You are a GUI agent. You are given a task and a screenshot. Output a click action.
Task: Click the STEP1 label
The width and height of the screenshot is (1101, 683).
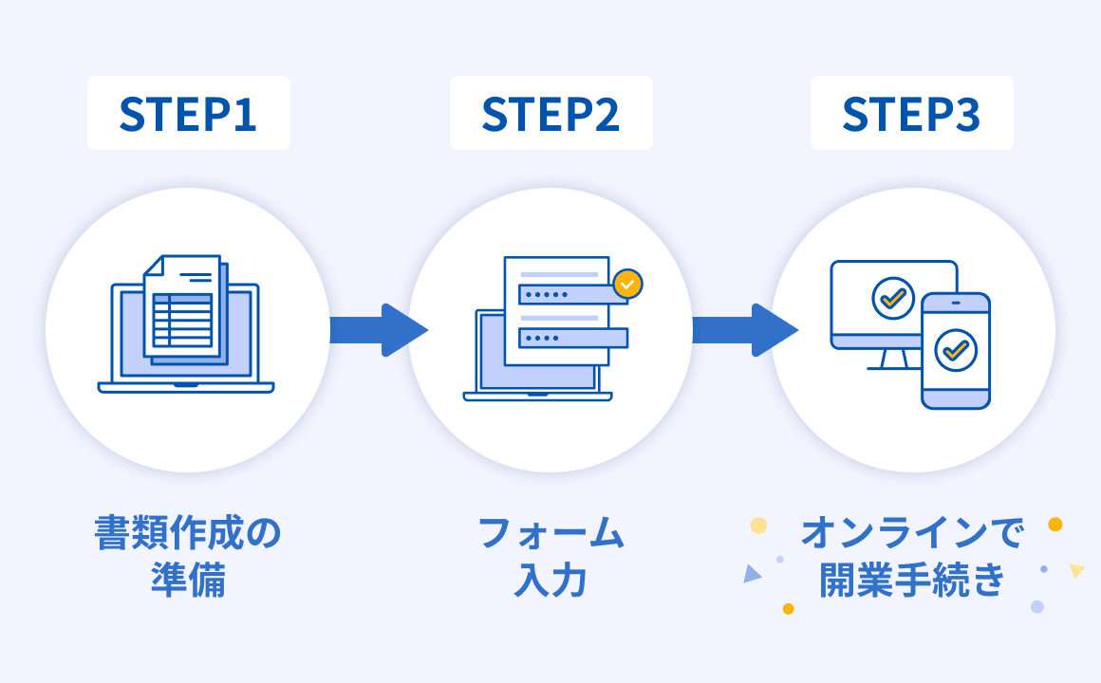coord(188,113)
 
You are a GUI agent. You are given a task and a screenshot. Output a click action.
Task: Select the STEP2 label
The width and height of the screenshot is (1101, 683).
coord(550,113)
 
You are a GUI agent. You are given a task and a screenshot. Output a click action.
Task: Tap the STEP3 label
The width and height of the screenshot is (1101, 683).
coord(911,113)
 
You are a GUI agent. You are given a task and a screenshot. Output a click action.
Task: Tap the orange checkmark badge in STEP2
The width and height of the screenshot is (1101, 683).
coord(627,283)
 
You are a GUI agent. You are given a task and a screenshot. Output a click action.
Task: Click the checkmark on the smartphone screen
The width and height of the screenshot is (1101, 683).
coord(955,351)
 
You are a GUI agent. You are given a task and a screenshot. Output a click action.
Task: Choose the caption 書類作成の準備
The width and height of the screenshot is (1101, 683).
coord(188,556)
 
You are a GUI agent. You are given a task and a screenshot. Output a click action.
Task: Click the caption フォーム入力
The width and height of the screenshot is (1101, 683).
coord(550,556)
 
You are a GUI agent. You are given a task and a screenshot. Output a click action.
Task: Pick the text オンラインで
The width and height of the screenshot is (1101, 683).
coord(912,534)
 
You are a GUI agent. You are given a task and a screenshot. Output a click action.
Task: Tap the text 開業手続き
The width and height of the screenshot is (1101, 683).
coord(912,579)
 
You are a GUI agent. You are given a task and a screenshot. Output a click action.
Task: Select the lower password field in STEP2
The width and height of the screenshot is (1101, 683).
coord(572,338)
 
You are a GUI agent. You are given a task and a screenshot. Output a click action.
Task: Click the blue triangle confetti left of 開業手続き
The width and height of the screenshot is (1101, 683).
coord(752,574)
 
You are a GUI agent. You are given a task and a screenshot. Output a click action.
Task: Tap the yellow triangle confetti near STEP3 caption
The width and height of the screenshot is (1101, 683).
coord(1076,570)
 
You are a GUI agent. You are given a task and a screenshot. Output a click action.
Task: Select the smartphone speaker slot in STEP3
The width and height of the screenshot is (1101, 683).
coord(955,304)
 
